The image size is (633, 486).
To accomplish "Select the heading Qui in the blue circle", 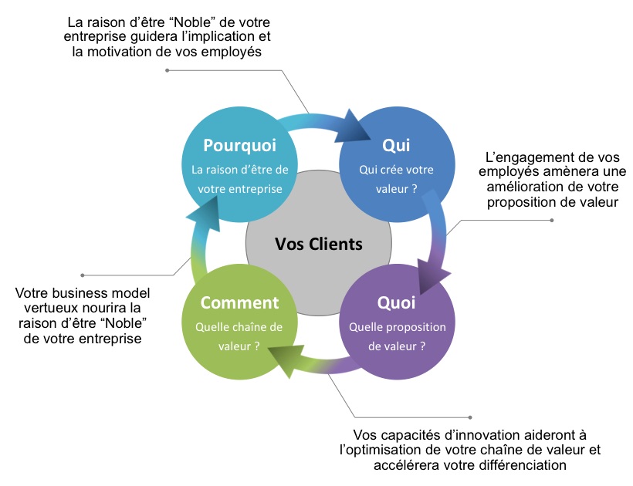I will point(395,146).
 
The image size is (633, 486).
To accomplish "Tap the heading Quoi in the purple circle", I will point(397,302).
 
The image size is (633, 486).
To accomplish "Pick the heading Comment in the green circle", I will point(239,302).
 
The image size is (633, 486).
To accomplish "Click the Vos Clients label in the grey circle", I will point(318,245).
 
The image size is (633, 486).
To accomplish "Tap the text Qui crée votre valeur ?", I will point(397,178).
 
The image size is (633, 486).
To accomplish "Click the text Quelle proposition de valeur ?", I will point(397,336).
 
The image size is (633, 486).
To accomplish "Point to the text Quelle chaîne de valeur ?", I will point(239,336).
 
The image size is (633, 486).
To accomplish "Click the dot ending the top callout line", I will point(167,71).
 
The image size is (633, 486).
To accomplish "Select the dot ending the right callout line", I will point(551,221).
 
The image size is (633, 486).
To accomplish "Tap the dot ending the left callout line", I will point(83,275).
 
